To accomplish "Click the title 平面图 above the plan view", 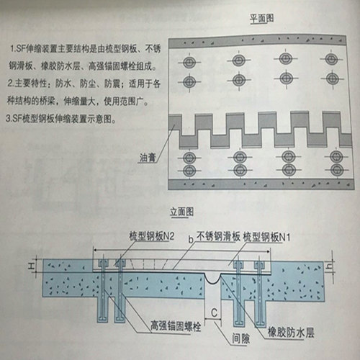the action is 262,19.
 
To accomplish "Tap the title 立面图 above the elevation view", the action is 181,212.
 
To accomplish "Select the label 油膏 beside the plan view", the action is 148,158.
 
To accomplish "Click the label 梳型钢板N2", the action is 152,236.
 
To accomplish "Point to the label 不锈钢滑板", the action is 218,236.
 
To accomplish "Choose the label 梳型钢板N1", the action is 266,237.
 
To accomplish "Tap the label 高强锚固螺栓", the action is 176,326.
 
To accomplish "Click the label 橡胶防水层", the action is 291,333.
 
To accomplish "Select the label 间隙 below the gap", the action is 240,338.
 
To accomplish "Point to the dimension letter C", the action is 214,313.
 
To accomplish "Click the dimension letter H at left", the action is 31,266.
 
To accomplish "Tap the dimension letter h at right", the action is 330,266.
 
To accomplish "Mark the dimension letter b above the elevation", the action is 191,239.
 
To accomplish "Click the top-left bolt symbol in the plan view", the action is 189,63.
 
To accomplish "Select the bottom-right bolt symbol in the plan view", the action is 337,170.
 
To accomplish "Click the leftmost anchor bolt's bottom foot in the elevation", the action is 103,319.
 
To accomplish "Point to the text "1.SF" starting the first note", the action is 17,49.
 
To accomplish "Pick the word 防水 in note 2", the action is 63,84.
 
